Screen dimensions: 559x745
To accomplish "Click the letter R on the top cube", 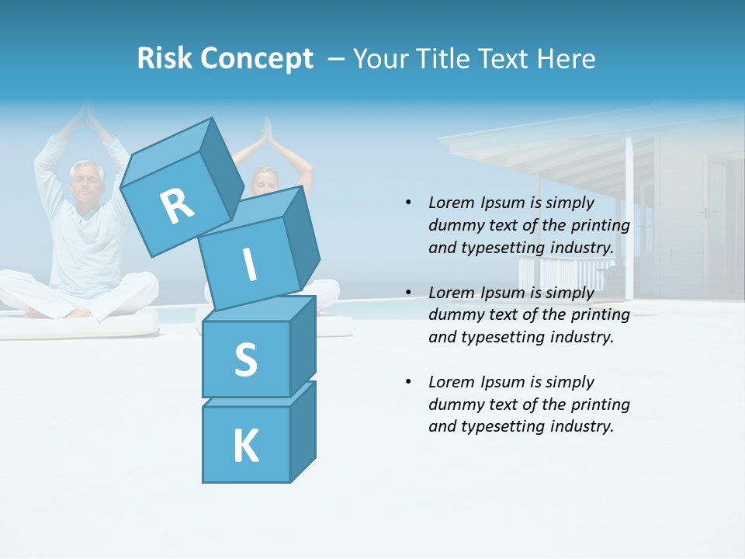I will [x=177, y=207].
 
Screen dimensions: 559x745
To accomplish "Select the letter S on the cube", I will [x=245, y=359].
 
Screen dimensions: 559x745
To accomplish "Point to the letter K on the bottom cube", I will [x=245, y=446].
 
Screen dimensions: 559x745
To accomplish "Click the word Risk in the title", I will [x=165, y=58].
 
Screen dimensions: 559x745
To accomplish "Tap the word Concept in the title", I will [x=257, y=59].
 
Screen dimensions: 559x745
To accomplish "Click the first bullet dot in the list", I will [x=408, y=203].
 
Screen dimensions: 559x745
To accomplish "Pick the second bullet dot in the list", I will [x=408, y=293].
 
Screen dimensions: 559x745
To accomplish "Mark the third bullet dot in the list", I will [x=408, y=382].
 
